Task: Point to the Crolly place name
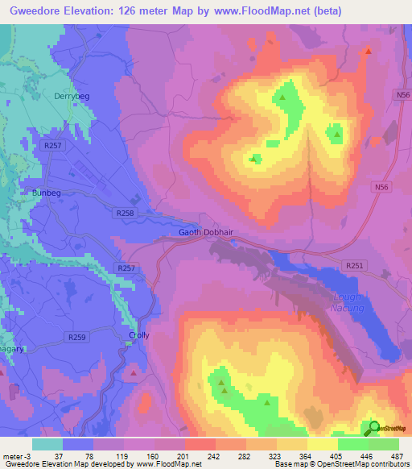[139, 335]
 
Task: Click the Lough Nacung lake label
[348, 302]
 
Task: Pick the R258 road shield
[125, 213]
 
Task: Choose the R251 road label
[354, 264]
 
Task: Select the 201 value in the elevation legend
[187, 456]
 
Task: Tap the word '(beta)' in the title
[326, 10]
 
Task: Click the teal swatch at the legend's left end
[47, 444]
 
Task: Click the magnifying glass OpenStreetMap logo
[373, 428]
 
